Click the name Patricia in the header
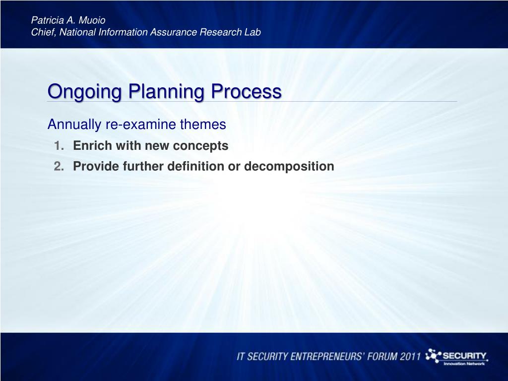47,20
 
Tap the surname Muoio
92,20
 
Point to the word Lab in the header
253,32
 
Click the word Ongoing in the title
84,92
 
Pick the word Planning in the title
166,92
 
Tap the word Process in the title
246,91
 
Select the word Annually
74,125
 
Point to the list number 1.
59,146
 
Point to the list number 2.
59,166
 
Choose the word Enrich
92,145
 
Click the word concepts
200,146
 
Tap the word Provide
96,166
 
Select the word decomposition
289,167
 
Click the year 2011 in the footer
410,356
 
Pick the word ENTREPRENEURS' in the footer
327,356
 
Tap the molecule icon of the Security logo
433,356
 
